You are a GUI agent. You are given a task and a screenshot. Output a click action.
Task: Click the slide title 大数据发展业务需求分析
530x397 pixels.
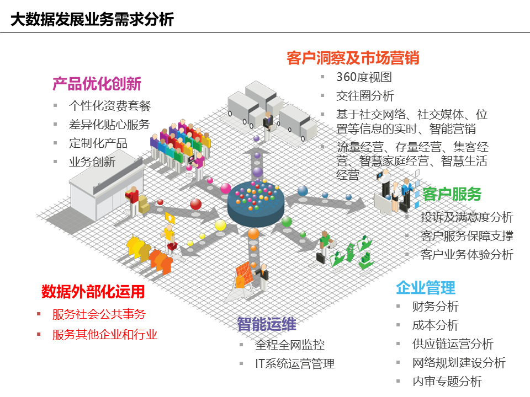(92, 19)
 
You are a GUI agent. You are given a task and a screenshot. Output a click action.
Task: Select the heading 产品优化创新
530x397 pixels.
(97, 84)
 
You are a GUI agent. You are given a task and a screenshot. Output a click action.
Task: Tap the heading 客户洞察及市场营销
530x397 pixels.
(353, 58)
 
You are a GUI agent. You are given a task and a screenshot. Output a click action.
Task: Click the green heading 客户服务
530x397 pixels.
(452, 194)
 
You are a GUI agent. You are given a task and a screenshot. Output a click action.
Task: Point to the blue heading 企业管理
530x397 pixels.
(426, 288)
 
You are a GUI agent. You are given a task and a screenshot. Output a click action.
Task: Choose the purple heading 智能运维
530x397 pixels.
(267, 324)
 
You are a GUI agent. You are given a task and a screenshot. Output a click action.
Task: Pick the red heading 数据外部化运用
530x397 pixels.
(93, 292)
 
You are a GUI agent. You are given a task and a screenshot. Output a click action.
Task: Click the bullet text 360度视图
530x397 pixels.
(364, 77)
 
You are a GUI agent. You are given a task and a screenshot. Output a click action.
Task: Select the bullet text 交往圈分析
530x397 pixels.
(365, 96)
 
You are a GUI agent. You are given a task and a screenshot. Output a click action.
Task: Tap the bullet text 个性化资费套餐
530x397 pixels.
(110, 106)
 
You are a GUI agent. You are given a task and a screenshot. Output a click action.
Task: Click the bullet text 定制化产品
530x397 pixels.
(98, 143)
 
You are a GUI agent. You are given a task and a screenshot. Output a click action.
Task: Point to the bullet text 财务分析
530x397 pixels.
(436, 307)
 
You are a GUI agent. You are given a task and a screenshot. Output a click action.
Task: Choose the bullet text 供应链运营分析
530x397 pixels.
(453, 344)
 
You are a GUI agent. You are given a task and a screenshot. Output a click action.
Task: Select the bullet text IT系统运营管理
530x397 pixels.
(295, 363)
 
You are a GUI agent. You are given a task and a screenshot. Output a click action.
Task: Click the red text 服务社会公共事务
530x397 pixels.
(99, 314)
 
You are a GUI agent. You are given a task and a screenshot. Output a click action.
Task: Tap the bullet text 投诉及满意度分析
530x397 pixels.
(467, 217)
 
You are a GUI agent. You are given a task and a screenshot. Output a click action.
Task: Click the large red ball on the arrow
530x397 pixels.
(195, 204)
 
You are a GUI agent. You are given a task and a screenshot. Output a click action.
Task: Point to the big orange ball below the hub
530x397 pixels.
(253, 233)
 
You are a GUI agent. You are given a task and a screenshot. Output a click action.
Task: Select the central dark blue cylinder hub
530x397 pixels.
(256, 204)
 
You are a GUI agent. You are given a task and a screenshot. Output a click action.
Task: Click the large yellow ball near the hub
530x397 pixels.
(220, 225)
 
